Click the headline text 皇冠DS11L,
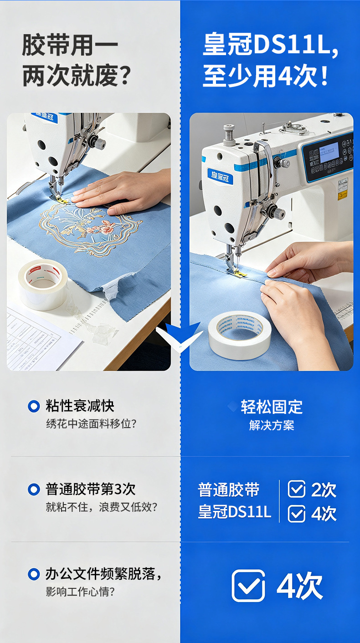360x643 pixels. coord(270,45)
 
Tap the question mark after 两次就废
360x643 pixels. coord(125,76)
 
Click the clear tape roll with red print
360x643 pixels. coord(43,285)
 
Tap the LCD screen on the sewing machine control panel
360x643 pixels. coord(329,153)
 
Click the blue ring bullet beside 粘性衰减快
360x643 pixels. coord(34,406)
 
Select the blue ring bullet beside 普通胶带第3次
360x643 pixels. coord(34,490)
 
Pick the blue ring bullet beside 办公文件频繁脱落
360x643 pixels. coord(34,574)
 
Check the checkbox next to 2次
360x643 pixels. coord(297,489)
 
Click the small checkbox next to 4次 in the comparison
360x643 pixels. coord(297,514)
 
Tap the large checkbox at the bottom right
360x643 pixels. coord(248,586)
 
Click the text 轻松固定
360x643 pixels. coord(272,407)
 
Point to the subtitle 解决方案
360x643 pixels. coord(272,425)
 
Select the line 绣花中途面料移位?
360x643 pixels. coord(91,424)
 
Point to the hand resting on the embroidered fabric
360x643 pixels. coord(123,191)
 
